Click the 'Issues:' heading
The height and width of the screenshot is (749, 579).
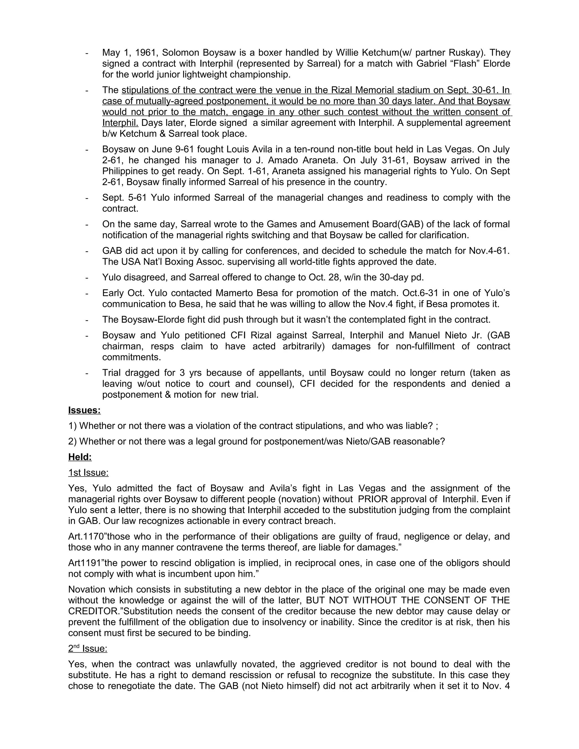click(84, 410)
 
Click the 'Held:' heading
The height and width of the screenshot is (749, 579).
click(80, 457)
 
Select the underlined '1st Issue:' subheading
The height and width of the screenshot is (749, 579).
click(88, 473)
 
